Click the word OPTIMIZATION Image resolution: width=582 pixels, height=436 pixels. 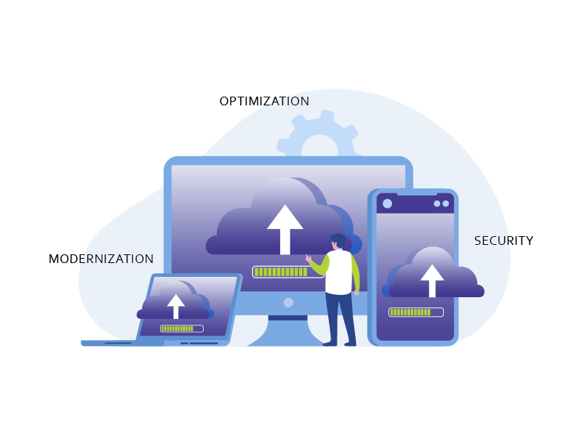[264, 101]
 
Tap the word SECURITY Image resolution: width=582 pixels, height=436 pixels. [503, 241]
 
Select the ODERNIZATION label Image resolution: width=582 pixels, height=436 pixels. [106, 259]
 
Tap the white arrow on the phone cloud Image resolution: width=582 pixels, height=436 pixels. [431, 280]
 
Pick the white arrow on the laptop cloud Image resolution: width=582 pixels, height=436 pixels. [175, 305]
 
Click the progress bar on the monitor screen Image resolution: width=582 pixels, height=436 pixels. [289, 272]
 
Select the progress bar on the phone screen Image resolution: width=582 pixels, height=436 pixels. [415, 312]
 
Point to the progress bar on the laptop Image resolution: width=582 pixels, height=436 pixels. [177, 328]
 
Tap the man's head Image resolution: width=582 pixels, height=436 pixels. [338, 241]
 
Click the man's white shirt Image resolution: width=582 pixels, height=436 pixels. [338, 272]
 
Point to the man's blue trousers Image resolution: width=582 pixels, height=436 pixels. [340, 316]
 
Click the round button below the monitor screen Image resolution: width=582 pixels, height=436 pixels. [288, 302]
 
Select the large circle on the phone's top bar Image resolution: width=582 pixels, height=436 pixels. [387, 203]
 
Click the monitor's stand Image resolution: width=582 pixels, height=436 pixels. [288, 331]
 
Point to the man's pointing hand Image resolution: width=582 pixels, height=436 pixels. [308, 257]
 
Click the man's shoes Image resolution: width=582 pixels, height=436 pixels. [340, 343]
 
